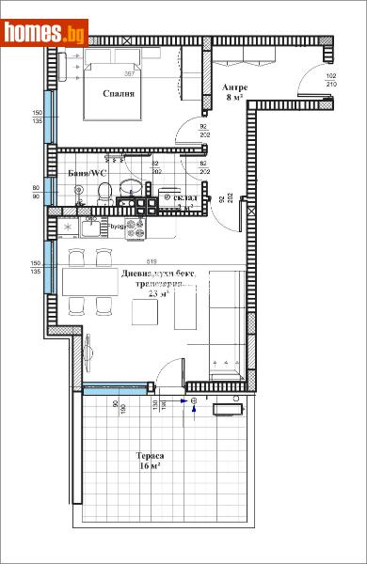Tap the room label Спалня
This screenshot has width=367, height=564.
tap(118, 94)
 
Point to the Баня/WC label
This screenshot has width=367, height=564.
tap(88, 174)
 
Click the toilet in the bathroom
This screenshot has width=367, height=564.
tap(105, 194)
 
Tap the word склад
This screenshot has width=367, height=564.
tap(187, 198)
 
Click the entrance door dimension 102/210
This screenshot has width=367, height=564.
tap(331, 80)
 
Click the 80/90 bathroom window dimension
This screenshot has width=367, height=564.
tap(37, 192)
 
